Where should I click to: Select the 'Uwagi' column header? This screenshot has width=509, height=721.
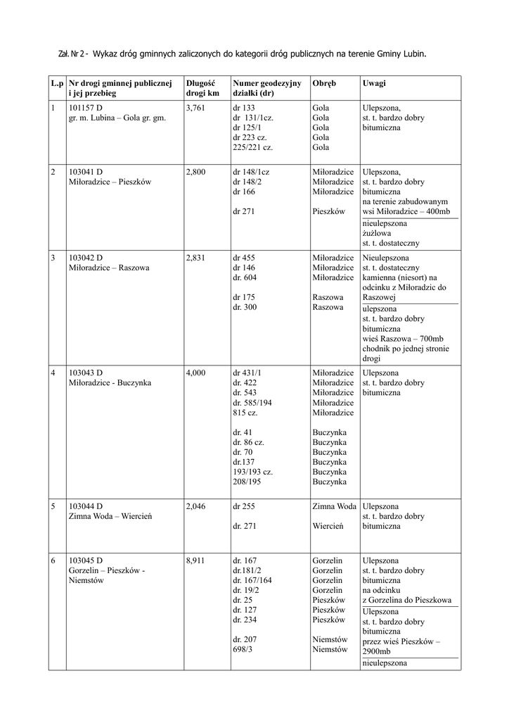coord(374,83)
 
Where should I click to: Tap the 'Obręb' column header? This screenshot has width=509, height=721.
coord(323,83)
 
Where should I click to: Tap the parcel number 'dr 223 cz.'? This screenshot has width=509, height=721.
coord(251,137)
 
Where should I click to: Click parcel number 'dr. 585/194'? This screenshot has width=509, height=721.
coord(255,402)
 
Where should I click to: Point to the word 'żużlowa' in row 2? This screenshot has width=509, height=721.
coord(377,232)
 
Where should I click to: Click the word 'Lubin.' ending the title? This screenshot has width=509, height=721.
coord(413,54)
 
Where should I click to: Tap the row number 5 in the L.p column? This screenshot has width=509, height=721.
coord(53,506)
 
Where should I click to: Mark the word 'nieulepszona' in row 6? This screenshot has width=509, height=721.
coord(385,663)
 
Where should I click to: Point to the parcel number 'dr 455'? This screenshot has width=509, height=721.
coord(244,258)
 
